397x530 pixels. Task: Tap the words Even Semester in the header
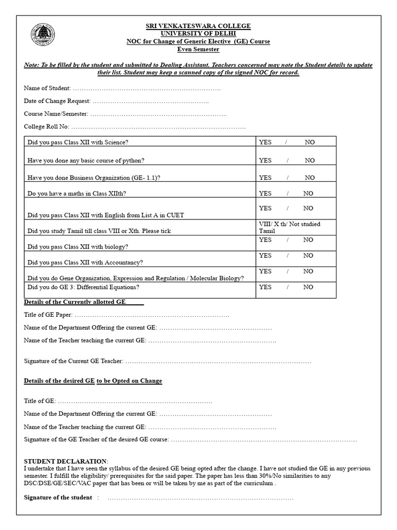198,49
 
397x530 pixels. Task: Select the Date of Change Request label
57,101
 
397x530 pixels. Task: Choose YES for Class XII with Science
265,142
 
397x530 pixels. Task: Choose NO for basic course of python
310,160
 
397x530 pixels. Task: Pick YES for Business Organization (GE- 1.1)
265,178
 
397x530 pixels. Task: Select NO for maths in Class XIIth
309,194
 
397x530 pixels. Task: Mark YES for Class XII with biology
265,240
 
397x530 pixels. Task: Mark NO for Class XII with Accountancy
309,256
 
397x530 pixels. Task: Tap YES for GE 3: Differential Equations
265,287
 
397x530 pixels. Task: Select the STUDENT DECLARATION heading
65,461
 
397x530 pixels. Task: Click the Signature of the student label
58,497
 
